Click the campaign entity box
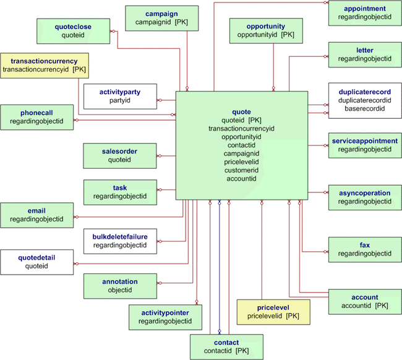162,18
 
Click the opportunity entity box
266,31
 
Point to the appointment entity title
365,9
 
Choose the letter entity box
365,54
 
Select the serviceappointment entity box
365,145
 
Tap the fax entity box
365,249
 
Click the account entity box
365,301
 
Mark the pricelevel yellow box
273,312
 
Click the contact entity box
226,347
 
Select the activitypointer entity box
165,317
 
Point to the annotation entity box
120,286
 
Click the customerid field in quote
241,170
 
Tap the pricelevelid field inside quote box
241,161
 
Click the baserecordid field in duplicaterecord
365,109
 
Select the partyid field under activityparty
120,100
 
